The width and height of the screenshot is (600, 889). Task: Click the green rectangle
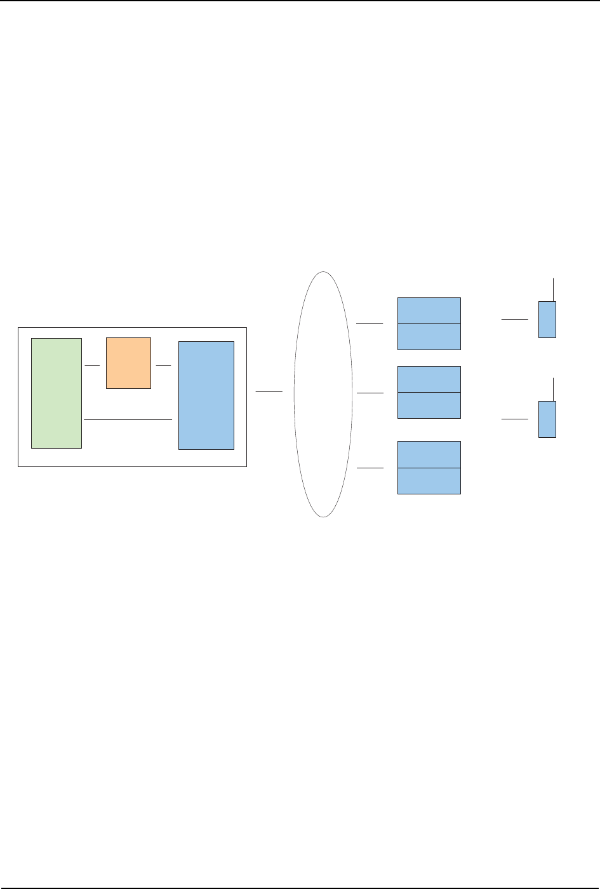tap(57, 393)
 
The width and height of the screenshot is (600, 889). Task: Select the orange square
tap(128, 363)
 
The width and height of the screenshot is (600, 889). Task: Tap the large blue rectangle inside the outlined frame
tap(206, 395)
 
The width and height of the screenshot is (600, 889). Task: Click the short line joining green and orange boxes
tap(93, 366)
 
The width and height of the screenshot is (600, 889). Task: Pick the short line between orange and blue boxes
tap(164, 366)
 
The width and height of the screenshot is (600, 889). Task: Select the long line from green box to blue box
tap(128, 420)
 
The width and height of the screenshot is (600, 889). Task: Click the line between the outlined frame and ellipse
tap(269, 393)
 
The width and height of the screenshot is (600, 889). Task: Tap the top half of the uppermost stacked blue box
tap(429, 311)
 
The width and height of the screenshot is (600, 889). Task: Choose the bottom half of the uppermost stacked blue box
tap(429, 337)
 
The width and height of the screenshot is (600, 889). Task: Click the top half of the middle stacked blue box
tap(429, 379)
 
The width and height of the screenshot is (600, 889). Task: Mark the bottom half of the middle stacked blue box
tap(429, 405)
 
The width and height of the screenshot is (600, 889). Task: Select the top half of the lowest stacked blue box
tap(429, 454)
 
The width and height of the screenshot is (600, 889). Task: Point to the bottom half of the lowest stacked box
tap(429, 481)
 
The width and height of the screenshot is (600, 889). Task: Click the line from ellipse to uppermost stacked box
tap(370, 324)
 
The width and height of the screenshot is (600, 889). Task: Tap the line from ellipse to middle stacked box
tap(370, 393)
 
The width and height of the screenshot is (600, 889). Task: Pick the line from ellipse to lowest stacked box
tap(370, 468)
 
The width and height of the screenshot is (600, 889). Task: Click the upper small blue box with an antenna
tap(547, 320)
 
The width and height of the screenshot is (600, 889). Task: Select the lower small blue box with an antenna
tap(547, 419)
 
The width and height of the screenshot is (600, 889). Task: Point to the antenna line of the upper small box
tap(554, 290)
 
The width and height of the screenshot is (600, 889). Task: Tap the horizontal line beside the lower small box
tap(514, 419)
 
